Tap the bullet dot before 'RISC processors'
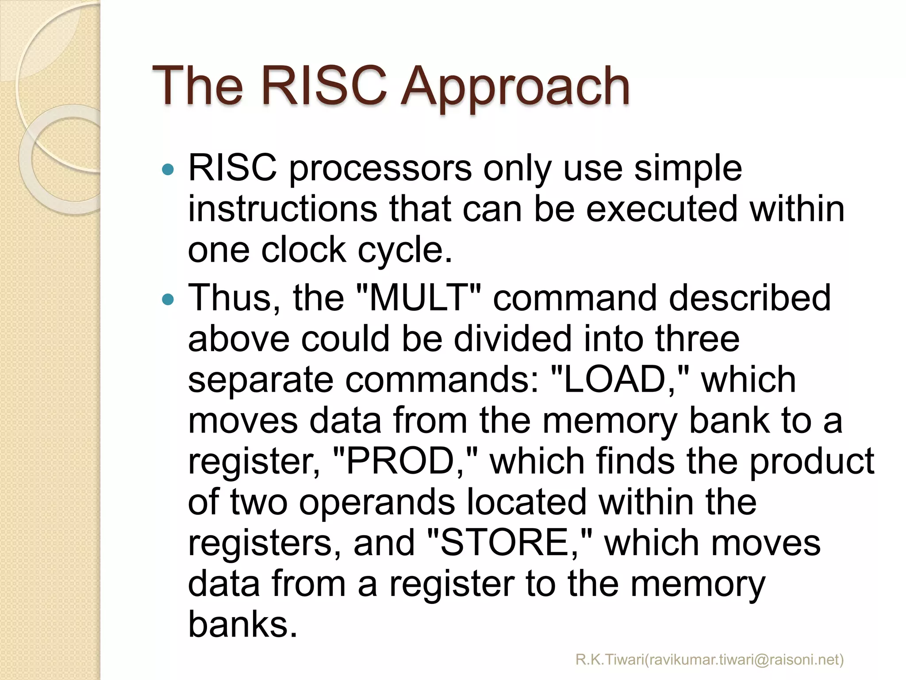[x=168, y=169]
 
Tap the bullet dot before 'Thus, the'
[x=168, y=299]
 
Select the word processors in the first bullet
[x=380, y=170]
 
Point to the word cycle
[x=404, y=251]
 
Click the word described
[x=750, y=297]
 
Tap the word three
[x=697, y=339]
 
